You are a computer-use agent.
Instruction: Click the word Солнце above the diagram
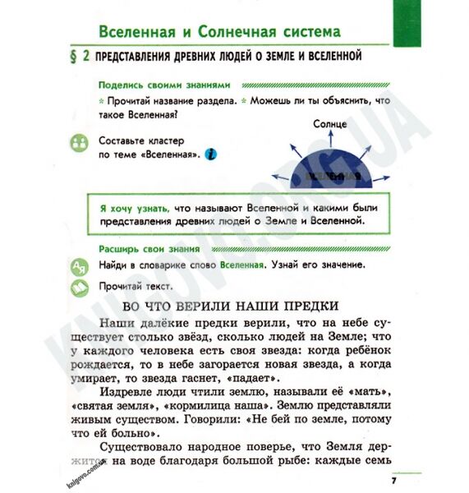tap(330, 123)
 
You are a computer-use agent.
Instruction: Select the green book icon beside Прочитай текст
tap(79, 288)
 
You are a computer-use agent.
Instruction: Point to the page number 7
tap(393, 480)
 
